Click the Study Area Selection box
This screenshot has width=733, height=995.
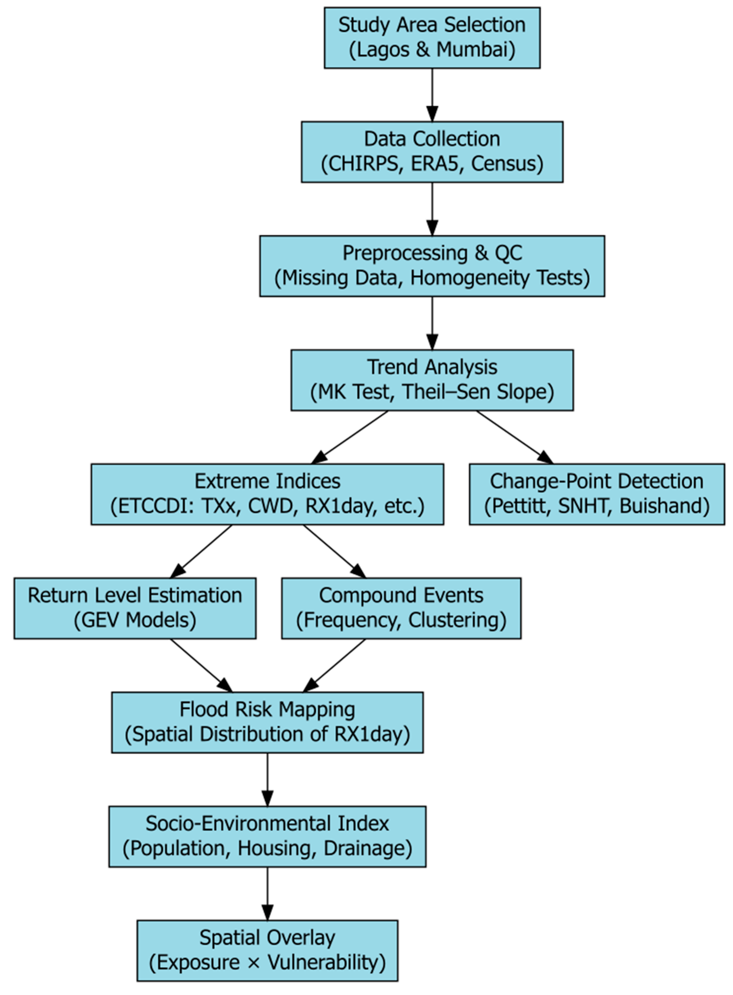432,38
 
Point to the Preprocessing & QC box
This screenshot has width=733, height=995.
432,266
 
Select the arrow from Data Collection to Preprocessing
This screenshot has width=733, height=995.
432,208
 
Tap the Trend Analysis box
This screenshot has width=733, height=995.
432,380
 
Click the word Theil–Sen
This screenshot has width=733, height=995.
445,392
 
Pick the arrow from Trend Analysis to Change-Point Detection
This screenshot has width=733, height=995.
515,437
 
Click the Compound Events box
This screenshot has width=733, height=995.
401,608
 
